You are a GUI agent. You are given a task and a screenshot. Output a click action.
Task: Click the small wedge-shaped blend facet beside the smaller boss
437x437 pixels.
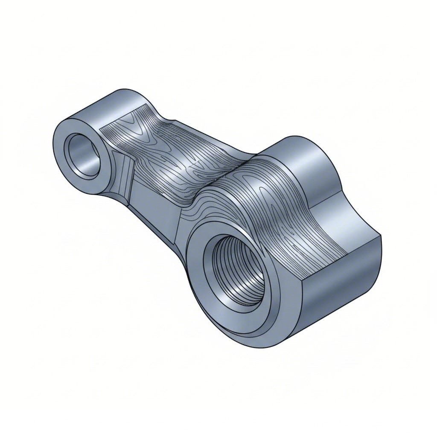click(x=121, y=175)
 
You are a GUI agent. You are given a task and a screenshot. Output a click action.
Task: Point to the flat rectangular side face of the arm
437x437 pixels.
click(x=156, y=201)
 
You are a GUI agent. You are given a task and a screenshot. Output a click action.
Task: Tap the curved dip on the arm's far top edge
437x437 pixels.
click(x=171, y=119)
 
